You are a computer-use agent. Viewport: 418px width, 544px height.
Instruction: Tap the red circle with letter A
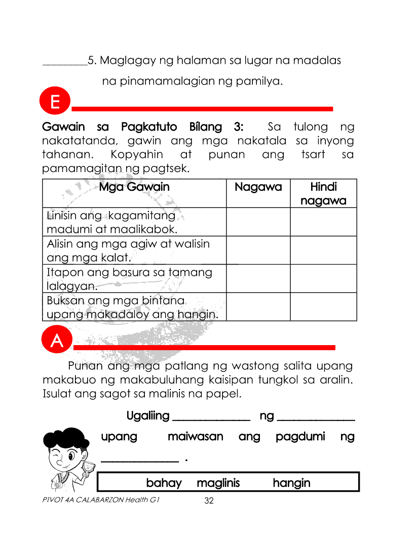click(57, 341)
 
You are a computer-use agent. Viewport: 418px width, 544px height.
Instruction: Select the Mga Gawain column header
click(134, 187)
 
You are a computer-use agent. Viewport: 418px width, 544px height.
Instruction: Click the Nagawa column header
click(258, 187)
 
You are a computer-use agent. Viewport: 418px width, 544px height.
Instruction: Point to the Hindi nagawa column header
click(323, 194)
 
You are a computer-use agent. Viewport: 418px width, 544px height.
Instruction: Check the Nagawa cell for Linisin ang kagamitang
click(258, 222)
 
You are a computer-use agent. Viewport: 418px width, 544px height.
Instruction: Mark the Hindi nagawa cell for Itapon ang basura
click(323, 279)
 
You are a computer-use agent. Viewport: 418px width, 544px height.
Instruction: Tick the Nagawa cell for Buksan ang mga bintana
click(258, 307)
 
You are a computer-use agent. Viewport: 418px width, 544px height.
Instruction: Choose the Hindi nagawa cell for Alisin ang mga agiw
click(323, 250)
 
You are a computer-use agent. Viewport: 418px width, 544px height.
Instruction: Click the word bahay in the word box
click(164, 483)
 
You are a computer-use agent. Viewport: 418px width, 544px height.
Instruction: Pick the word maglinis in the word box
click(218, 483)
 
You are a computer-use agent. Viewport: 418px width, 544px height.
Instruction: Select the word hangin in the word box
click(291, 483)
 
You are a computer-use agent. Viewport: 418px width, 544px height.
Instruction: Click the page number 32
click(209, 501)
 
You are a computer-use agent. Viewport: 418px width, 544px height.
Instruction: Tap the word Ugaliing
click(148, 416)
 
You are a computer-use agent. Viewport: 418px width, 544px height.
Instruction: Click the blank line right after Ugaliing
click(212, 418)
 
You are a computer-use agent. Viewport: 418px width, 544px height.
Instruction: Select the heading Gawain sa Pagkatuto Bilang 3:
click(143, 127)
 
